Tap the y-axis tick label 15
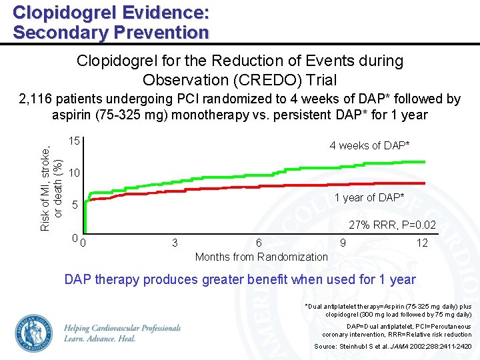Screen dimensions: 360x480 click(x=75, y=142)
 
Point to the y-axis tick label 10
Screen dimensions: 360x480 click(x=75, y=173)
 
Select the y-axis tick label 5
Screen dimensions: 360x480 click(x=75, y=205)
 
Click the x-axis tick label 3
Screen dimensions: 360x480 click(x=175, y=243)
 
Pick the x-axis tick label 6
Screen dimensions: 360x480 click(x=259, y=243)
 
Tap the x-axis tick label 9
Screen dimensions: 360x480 click(x=343, y=243)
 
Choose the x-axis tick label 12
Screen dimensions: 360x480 click(x=422, y=243)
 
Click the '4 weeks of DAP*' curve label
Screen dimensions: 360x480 click(x=369, y=145)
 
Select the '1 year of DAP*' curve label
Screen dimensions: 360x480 click(x=369, y=197)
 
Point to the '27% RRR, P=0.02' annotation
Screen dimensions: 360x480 click(x=393, y=225)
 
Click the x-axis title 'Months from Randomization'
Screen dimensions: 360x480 click(x=261, y=257)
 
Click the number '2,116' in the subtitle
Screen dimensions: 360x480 click(x=37, y=99)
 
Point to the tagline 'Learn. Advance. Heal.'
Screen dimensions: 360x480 click(x=100, y=339)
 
